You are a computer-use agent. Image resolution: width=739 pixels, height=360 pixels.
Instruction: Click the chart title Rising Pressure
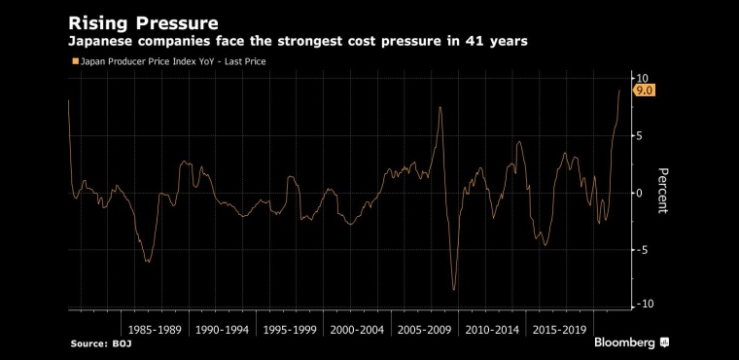[143, 23]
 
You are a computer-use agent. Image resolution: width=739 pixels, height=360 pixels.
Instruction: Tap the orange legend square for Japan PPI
[75, 61]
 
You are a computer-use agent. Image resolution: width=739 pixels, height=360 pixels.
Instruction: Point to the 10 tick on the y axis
[642, 78]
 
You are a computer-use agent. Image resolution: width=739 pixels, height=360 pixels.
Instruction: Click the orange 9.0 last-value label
[644, 90]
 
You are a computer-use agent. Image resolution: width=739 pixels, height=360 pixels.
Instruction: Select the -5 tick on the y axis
[642, 250]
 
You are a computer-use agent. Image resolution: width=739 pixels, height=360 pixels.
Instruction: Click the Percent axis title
[662, 191]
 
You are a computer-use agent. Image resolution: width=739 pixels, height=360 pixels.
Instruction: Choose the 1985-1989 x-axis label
[155, 330]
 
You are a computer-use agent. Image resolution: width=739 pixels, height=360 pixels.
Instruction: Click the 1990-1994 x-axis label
[222, 330]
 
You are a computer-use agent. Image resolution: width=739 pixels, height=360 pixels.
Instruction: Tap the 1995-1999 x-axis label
[290, 330]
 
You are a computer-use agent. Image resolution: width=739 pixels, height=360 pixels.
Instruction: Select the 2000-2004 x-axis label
[357, 330]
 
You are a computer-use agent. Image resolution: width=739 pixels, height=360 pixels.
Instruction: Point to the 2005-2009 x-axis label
[424, 330]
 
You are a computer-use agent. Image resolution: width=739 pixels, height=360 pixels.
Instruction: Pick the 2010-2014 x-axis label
[492, 330]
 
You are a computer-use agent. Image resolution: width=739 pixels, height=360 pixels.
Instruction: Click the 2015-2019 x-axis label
[559, 330]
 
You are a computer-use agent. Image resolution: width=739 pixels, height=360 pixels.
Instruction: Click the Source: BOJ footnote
[101, 344]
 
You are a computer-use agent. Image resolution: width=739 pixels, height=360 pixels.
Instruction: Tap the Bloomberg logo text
[625, 342]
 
